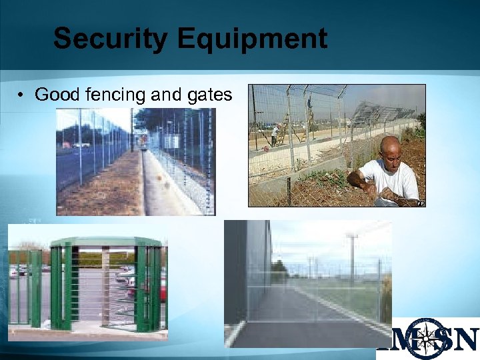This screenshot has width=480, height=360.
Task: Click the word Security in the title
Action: tap(110, 39)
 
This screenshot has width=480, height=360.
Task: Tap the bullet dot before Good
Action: tap(22, 95)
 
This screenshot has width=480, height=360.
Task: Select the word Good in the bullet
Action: tap(57, 95)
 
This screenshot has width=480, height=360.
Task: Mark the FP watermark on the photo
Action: tap(421, 203)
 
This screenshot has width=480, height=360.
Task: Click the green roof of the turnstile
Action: tap(107, 241)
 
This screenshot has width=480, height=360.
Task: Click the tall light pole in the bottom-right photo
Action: tap(351, 257)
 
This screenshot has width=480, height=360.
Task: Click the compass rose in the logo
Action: tap(427, 337)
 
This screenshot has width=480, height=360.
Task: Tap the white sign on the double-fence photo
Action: tap(170, 141)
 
